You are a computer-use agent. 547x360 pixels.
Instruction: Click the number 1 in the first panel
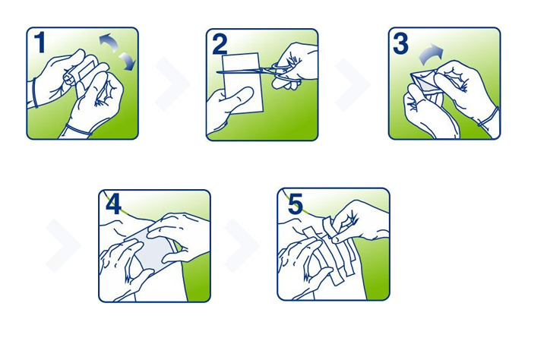(x=40, y=43)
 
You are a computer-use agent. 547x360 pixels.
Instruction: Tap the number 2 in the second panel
(x=220, y=44)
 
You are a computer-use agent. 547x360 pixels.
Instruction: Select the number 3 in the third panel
(x=400, y=43)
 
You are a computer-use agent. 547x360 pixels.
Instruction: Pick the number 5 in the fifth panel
(x=295, y=204)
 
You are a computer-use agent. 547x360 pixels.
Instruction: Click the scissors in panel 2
(x=259, y=71)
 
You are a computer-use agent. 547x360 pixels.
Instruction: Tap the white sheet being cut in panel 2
(x=242, y=83)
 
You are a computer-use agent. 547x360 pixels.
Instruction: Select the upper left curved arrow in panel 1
(x=108, y=42)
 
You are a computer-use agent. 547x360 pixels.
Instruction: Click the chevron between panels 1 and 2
(x=172, y=84)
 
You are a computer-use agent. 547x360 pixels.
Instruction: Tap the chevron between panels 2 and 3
(x=353, y=84)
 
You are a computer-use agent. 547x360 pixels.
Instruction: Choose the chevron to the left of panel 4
(x=63, y=245)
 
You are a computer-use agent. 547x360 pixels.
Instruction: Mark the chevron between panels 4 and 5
(x=242, y=245)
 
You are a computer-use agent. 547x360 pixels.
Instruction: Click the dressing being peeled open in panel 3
(x=423, y=86)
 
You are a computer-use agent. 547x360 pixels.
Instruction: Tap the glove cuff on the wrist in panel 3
(x=489, y=116)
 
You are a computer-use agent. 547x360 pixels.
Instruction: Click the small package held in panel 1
(x=85, y=74)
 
